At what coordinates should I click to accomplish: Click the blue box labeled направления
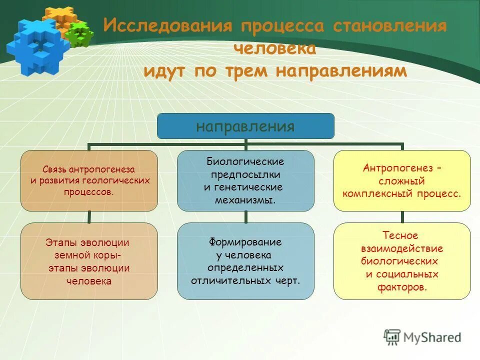(x=245, y=126)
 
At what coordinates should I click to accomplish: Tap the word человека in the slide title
(x=274, y=48)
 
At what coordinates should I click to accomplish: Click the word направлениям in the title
(x=341, y=71)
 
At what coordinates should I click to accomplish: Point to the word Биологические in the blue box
(x=245, y=162)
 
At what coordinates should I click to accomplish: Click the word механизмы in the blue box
(x=245, y=200)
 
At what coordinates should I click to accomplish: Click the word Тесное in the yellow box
(x=400, y=235)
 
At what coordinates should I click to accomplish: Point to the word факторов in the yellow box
(x=403, y=287)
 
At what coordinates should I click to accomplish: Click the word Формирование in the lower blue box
(x=245, y=242)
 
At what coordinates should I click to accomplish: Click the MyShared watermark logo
(x=423, y=337)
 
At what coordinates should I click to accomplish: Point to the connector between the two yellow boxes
(x=402, y=216)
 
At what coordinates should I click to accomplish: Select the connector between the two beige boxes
(x=89, y=216)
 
